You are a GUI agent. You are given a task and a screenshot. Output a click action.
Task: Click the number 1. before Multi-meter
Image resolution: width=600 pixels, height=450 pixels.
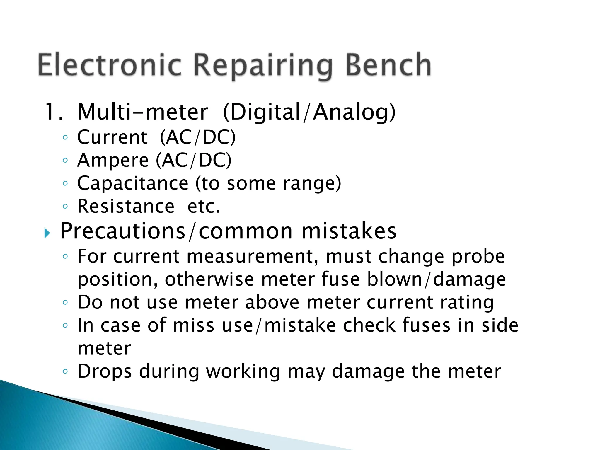pos(54,112)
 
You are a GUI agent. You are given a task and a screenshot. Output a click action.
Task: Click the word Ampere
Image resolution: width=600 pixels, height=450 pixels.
pos(113,161)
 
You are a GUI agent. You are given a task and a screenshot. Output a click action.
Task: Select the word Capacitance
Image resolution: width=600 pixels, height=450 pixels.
pos(132,183)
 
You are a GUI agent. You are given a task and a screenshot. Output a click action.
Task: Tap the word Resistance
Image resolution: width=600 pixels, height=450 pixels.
pos(126,206)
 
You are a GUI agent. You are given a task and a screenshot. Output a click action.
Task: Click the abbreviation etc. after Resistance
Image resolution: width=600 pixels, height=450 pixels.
pos(204,206)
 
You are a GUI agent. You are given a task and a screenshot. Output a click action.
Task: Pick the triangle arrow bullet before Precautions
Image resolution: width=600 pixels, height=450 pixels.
pos(47,233)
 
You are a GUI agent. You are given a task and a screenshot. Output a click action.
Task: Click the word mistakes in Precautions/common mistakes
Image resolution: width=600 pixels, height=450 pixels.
pos(349,231)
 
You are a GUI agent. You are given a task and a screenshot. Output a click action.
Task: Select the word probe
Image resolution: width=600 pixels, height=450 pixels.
pos(478,257)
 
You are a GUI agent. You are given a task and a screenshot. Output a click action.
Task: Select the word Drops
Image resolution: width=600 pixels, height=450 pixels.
pos(104,372)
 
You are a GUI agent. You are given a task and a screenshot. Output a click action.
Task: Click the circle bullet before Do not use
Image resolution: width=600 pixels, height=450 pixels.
pos(65,302)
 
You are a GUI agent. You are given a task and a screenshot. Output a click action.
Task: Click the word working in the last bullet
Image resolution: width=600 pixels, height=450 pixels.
pos(243,372)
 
